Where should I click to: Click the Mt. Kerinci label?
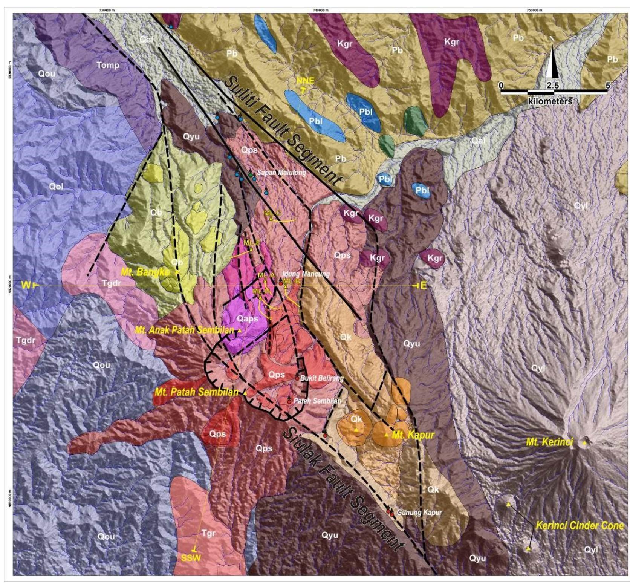[x=549, y=442]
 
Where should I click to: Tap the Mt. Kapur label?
[x=413, y=435]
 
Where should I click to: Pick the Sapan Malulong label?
[x=281, y=173]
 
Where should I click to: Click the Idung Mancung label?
[x=306, y=274]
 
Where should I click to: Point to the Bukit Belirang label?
[x=322, y=378]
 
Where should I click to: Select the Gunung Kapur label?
[x=419, y=512]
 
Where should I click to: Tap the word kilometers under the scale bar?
[x=550, y=101]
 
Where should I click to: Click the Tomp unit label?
[x=108, y=65]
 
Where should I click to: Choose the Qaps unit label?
[x=248, y=318]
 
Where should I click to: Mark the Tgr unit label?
[x=208, y=533]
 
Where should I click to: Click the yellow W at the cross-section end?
[x=26, y=285]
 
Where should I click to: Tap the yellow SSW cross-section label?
[x=191, y=557]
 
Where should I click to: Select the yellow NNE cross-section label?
[x=305, y=80]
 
